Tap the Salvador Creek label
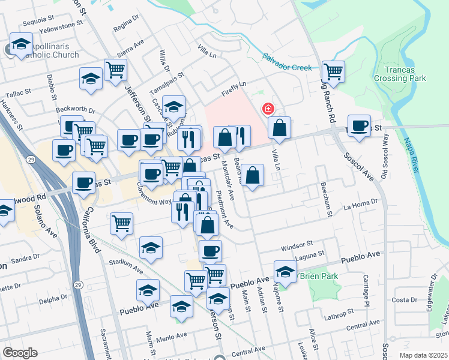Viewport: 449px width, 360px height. pos(287,62)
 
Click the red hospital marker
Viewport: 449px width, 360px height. pos(268,109)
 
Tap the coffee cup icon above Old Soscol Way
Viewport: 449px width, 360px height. pos(359,126)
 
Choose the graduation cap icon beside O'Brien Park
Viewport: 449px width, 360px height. pos(286,272)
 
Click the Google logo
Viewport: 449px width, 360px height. pos(20,353)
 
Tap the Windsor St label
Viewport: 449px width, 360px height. pos(297,246)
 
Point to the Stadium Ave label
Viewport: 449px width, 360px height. pos(125,262)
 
